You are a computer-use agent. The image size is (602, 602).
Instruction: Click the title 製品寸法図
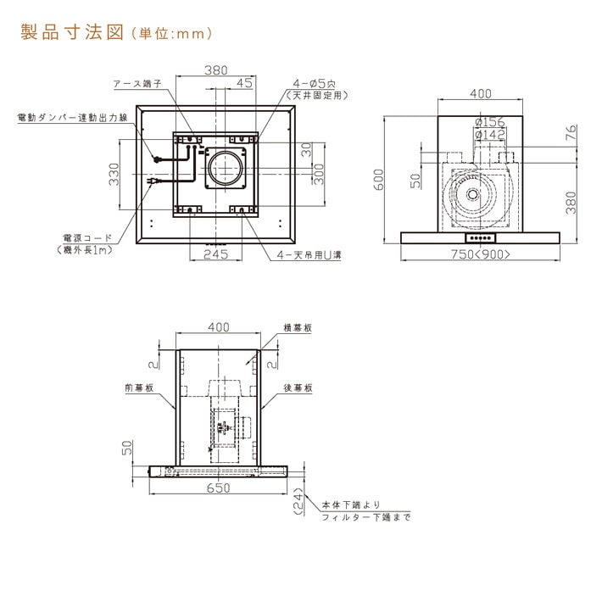[72, 35]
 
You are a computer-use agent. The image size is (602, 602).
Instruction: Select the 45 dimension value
[244, 83]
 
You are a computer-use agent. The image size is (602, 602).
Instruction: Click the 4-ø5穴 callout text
[315, 83]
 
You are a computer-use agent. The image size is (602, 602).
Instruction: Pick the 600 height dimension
[381, 176]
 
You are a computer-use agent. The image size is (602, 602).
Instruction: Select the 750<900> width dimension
[481, 254]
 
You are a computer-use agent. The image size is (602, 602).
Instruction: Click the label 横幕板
[297, 326]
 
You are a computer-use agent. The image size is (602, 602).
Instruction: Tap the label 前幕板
[138, 387]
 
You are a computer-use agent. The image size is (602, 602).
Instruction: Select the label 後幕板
[298, 387]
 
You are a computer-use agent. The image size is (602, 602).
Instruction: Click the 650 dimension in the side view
[220, 489]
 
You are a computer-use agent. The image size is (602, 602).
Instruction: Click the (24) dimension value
[298, 502]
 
